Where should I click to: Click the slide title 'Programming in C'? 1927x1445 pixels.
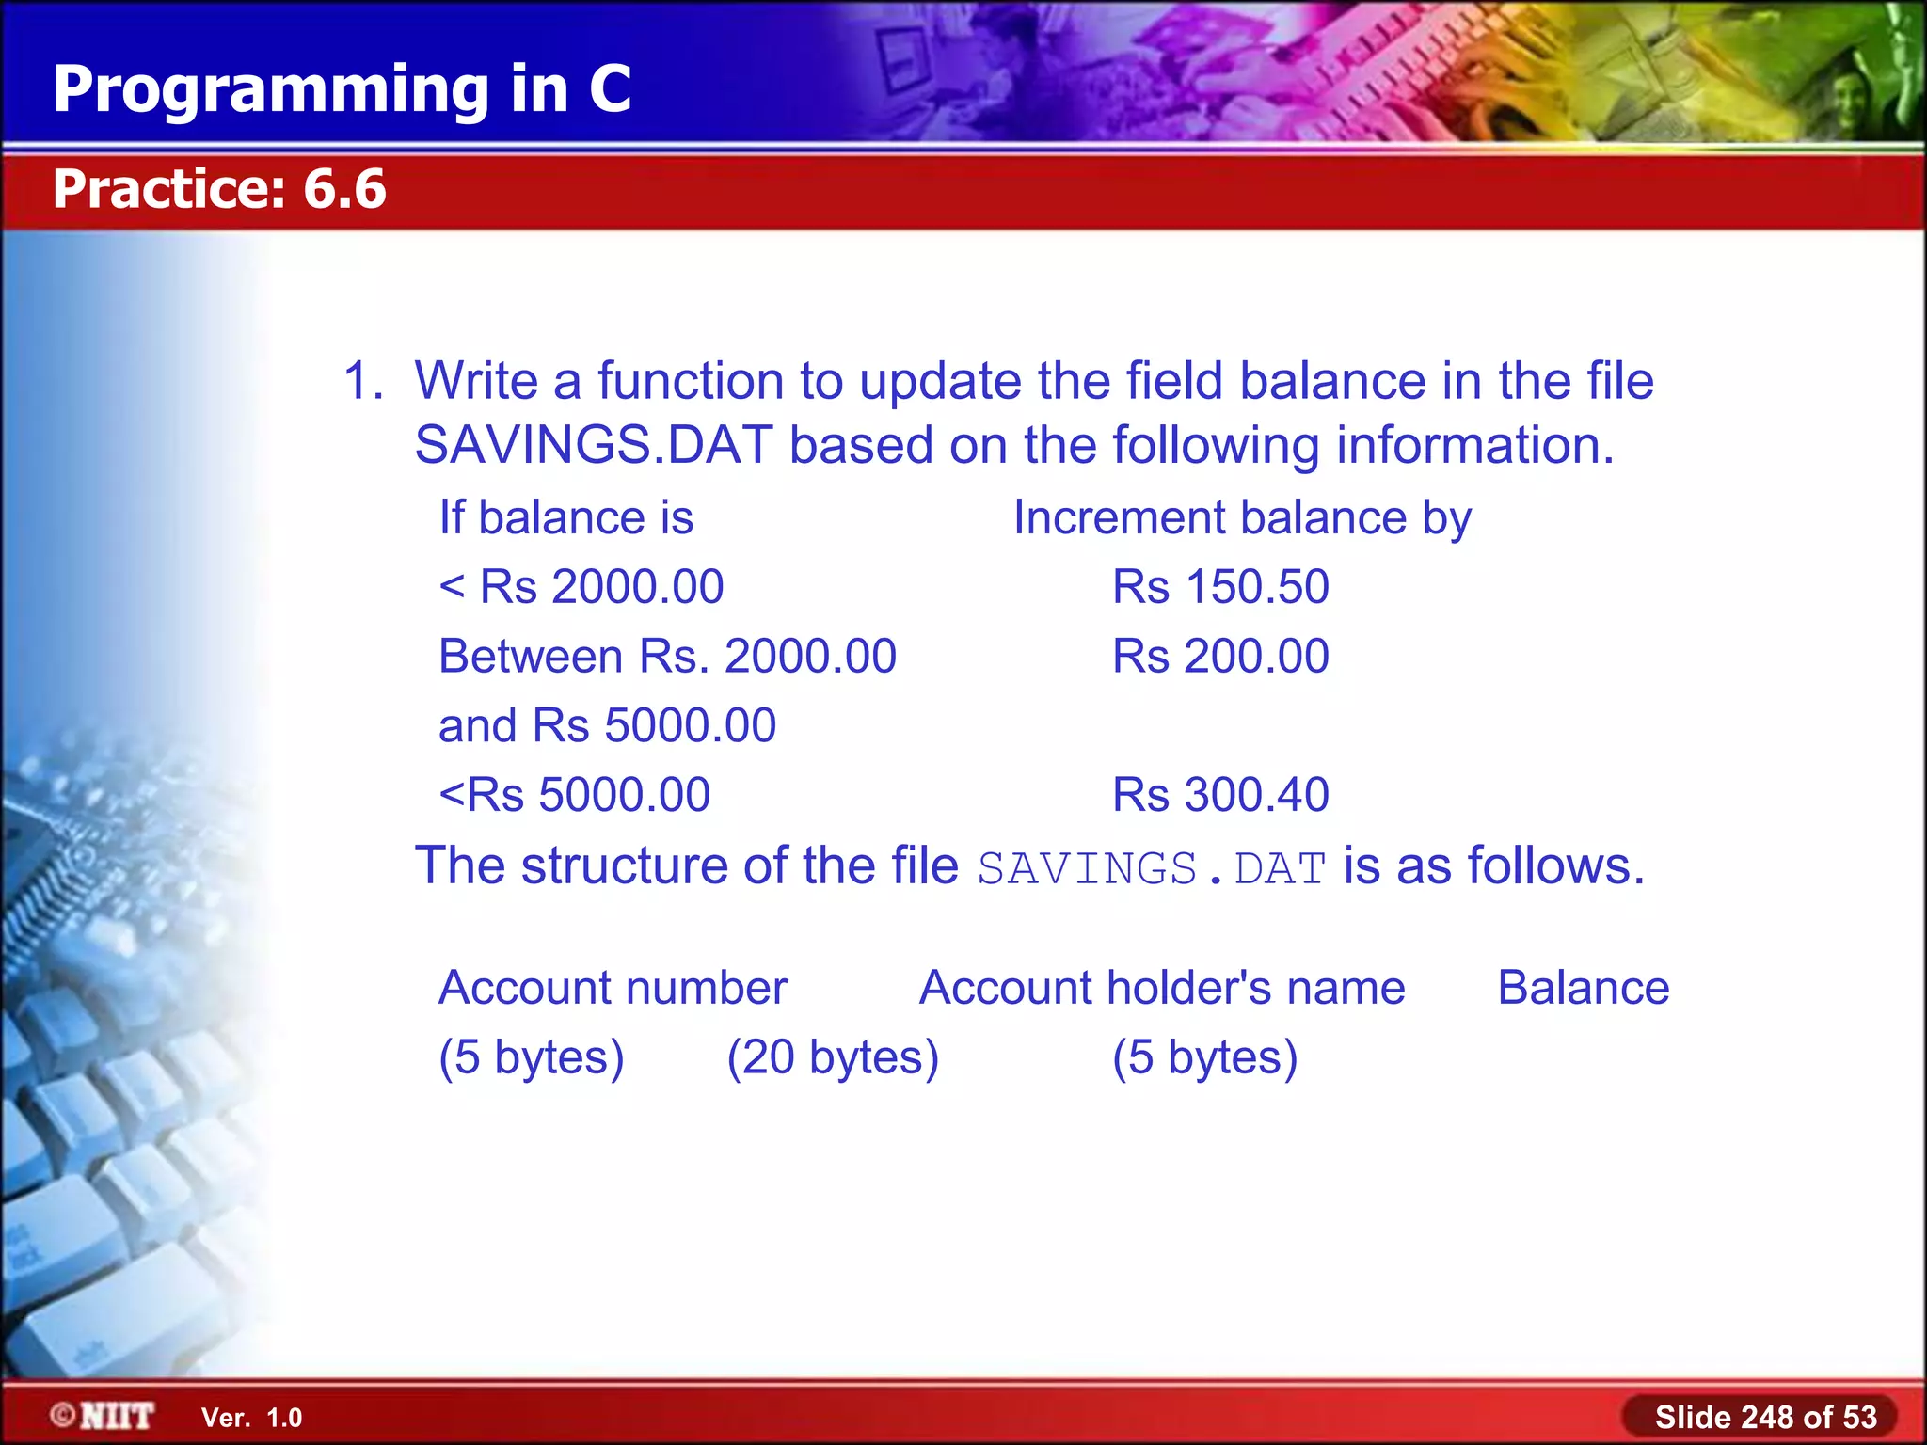click(342, 88)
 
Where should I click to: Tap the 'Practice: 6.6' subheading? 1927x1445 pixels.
click(219, 188)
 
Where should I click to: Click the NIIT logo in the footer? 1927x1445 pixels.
click(104, 1416)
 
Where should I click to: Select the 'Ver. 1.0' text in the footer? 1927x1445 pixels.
click(251, 1418)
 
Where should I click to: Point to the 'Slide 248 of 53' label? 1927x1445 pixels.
click(1765, 1417)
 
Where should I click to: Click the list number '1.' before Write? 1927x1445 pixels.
click(363, 381)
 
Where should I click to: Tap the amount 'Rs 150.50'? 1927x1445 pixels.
click(1220, 587)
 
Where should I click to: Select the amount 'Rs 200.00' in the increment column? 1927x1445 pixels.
click(1220, 656)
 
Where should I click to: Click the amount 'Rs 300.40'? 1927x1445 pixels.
click(1220, 795)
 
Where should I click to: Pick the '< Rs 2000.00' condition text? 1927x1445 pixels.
click(581, 587)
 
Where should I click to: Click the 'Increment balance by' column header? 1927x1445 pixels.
click(1242, 518)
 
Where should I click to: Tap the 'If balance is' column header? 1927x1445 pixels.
click(566, 518)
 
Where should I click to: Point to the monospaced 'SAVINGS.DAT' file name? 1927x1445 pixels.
click(1152, 868)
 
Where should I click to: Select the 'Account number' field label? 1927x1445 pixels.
click(613, 988)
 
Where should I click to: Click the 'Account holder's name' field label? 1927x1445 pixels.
click(1162, 988)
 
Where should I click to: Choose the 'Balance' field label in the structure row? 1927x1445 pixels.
click(1584, 988)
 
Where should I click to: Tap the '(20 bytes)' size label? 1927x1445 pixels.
click(833, 1057)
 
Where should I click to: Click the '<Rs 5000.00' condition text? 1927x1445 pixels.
click(575, 795)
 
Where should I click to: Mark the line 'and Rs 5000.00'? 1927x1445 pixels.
click(608, 725)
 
